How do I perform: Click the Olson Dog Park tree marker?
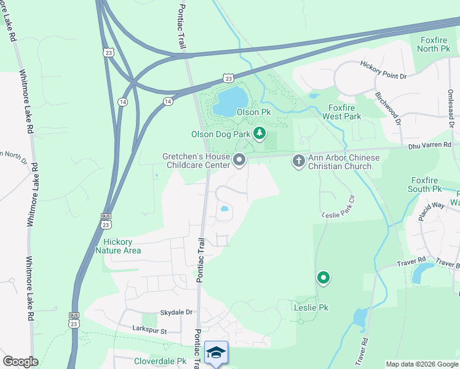click(260, 133)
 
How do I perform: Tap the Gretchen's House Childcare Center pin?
click(239, 160)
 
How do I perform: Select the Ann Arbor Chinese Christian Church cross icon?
click(298, 161)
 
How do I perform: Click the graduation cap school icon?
click(216, 353)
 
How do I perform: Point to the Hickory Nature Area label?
click(118, 246)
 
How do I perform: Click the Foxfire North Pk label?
click(435, 44)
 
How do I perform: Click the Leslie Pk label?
click(311, 307)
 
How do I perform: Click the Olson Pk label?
click(257, 113)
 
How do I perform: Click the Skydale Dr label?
click(176, 312)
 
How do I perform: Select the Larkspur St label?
click(150, 331)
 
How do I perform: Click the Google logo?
click(20, 362)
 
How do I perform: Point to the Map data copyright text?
click(421, 364)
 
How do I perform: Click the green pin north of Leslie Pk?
click(323, 278)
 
